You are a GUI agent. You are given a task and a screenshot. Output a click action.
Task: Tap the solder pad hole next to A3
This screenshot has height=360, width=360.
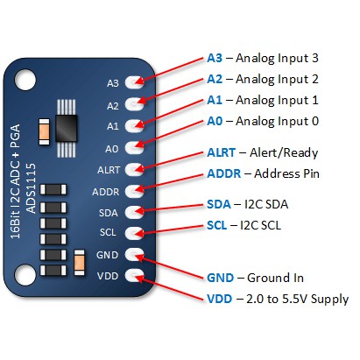click(x=135, y=82)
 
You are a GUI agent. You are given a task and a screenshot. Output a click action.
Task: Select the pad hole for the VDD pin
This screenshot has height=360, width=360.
click(x=135, y=277)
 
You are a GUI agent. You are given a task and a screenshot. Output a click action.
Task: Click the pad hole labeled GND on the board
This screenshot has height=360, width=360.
click(x=135, y=255)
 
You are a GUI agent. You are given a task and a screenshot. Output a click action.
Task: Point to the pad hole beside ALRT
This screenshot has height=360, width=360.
click(x=135, y=169)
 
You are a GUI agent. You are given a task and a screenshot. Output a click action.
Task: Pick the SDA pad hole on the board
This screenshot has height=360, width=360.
click(x=135, y=212)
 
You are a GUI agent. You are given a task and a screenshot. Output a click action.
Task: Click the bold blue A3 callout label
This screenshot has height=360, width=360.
click(x=215, y=59)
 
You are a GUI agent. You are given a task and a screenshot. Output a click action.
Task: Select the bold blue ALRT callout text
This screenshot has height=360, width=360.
click(x=222, y=152)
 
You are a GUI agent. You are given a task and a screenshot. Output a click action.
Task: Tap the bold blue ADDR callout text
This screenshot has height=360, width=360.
click(x=223, y=173)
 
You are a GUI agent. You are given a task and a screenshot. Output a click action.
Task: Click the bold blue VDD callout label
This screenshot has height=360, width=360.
click(x=220, y=299)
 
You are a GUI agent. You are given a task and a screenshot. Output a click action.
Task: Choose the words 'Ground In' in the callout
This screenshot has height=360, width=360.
click(x=275, y=278)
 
